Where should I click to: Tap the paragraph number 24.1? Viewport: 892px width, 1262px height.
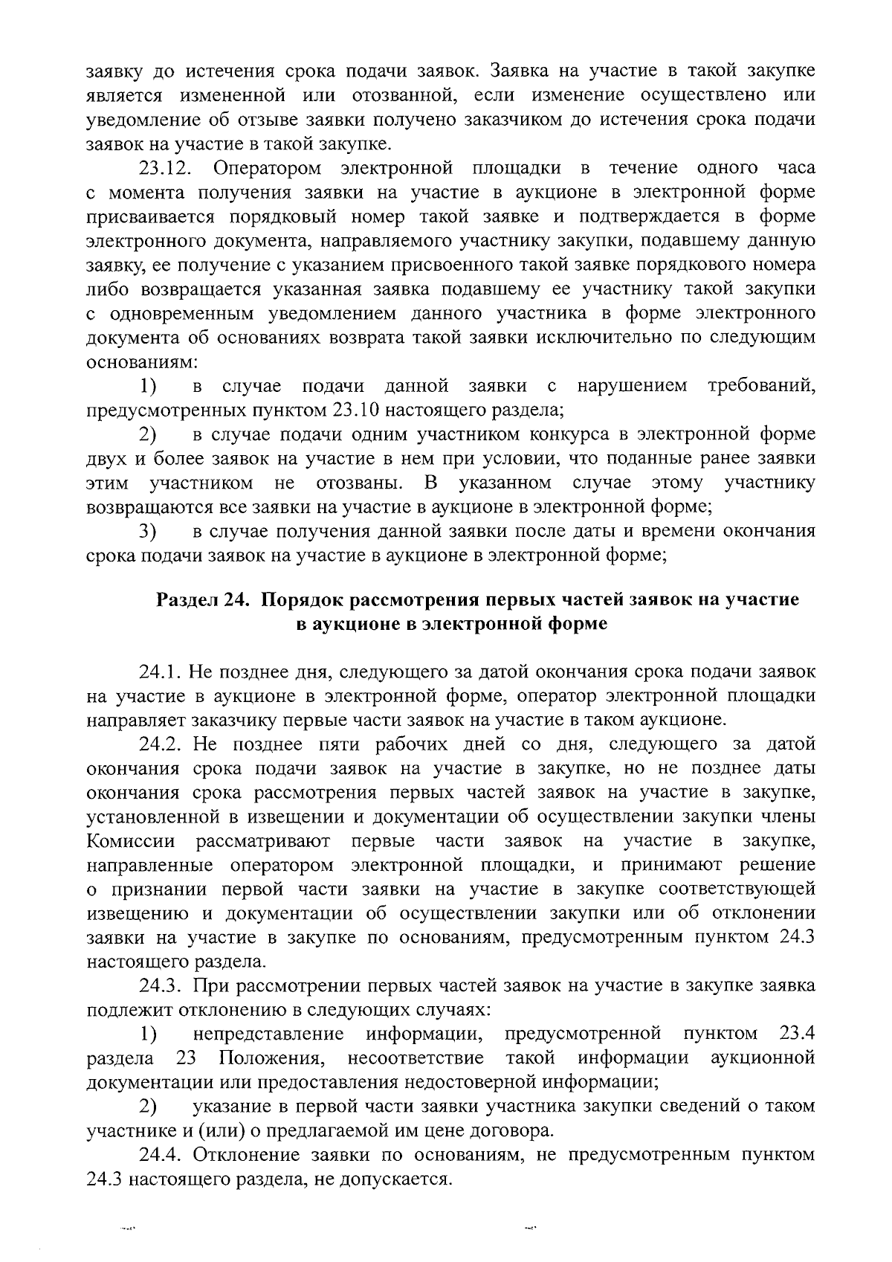tap(161, 672)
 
